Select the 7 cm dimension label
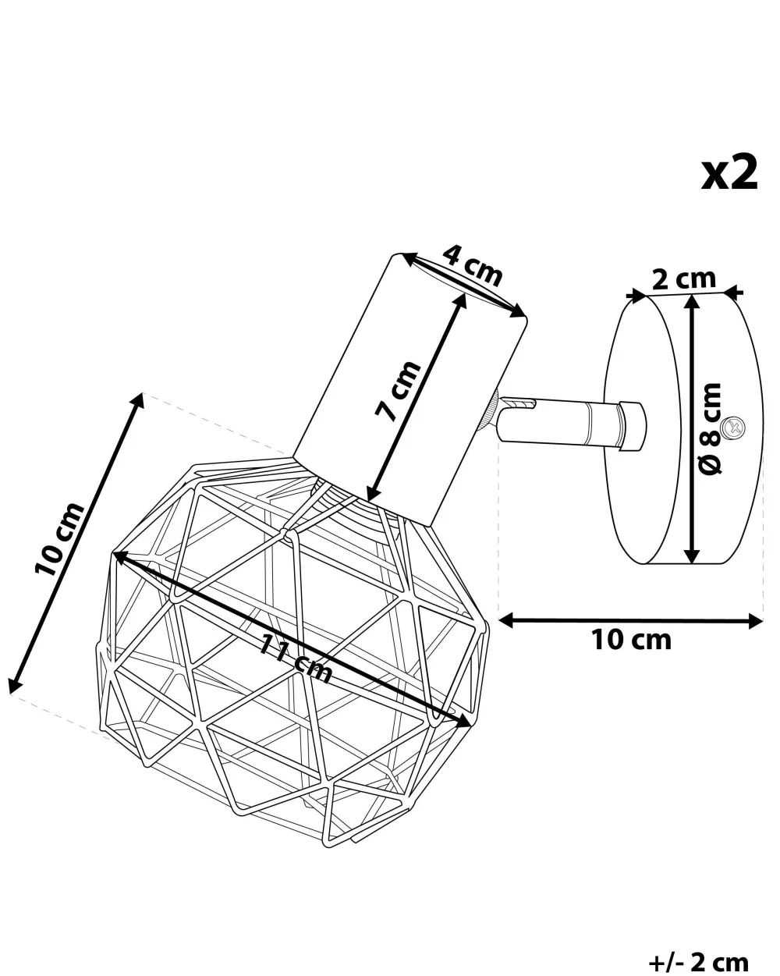point(398,391)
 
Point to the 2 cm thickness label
point(684,280)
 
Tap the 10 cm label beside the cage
point(60,538)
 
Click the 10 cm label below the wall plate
point(631,641)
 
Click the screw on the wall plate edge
point(733,427)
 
